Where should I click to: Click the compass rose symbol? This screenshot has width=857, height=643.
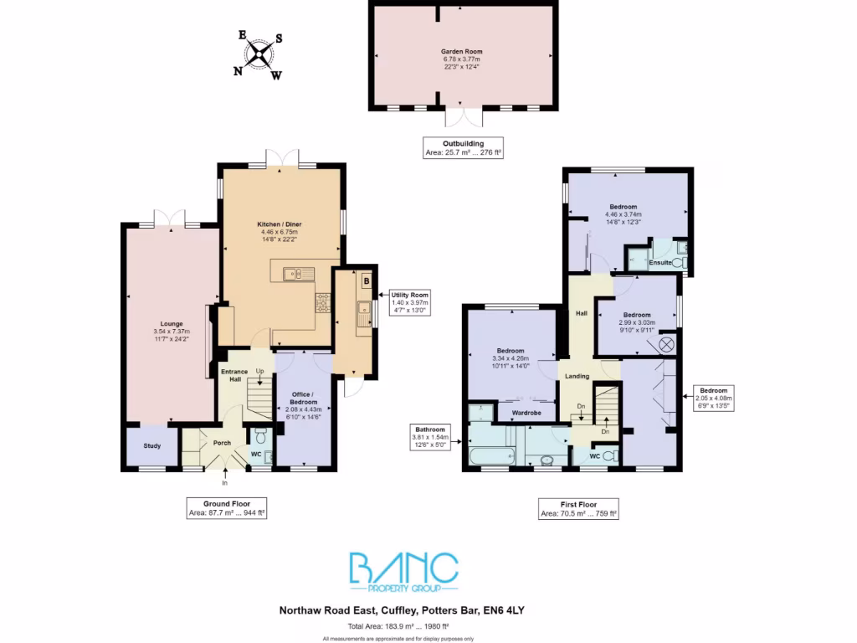click(x=260, y=54)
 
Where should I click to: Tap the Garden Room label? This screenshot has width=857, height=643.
click(x=462, y=51)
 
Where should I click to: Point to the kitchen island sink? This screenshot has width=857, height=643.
click(x=294, y=273)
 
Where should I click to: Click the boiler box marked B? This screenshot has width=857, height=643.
click(x=367, y=282)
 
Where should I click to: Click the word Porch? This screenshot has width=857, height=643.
click(x=222, y=444)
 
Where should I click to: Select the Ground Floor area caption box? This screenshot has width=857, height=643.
click(x=226, y=507)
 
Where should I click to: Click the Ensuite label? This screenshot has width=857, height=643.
click(x=659, y=263)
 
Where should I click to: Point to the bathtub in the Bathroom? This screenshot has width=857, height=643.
click(x=492, y=457)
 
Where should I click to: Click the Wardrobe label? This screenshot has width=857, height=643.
click(x=526, y=413)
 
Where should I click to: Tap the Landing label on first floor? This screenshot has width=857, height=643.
click(x=576, y=376)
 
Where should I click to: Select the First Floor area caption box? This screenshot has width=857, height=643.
click(x=577, y=507)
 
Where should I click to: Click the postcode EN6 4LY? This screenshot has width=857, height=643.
click(x=506, y=611)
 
